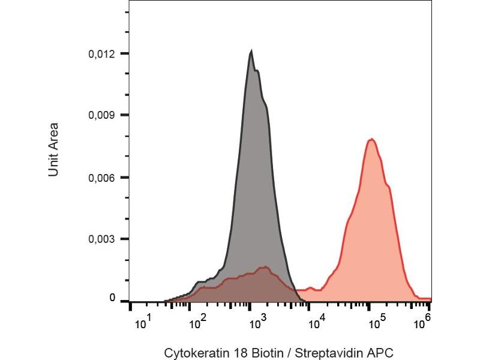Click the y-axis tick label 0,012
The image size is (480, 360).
101,54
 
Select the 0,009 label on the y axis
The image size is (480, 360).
101,115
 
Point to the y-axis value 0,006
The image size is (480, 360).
101,178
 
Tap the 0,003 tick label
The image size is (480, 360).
101,239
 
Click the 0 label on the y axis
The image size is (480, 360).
112,298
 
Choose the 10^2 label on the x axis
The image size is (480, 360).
199,324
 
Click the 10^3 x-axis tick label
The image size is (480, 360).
257,324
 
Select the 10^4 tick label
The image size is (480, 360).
316,324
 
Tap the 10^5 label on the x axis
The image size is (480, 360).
375,324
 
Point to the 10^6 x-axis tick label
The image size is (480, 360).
424,324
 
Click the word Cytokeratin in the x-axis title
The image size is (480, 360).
192,353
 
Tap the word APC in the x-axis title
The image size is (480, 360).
382,353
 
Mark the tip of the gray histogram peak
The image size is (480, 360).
251,52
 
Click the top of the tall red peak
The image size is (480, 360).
372,139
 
